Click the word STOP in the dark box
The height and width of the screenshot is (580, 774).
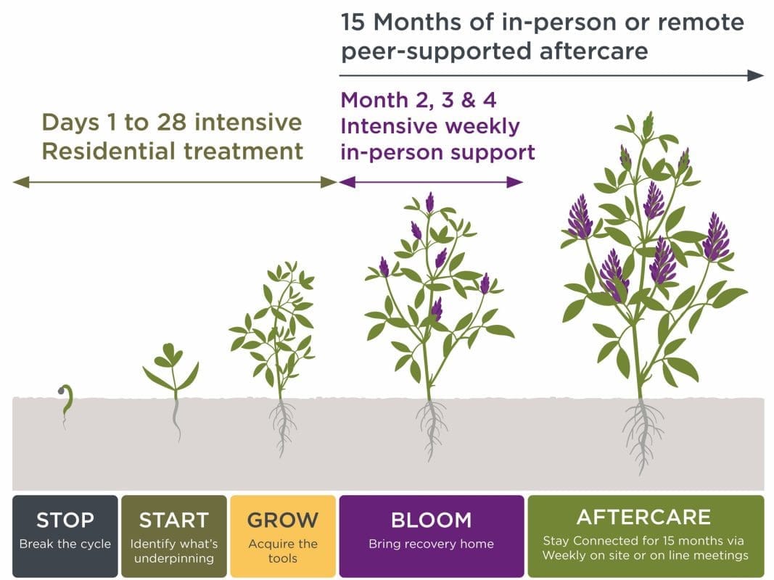coord(65,520)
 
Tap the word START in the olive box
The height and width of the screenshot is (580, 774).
coord(173,520)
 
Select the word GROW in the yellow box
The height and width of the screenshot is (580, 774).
coord(282,520)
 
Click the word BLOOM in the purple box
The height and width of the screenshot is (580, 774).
coord(431,520)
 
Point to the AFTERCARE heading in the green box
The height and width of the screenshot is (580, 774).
coord(644,517)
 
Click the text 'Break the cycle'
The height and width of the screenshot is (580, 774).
coord(65,544)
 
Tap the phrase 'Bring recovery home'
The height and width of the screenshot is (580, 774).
coord(431,544)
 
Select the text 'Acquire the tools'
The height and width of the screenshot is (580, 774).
coord(283,550)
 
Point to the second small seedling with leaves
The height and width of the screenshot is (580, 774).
coord(173,370)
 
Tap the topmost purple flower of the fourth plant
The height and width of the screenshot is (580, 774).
coord(430,202)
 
